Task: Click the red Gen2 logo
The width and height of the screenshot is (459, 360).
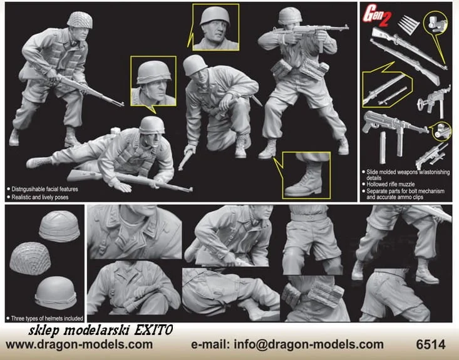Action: click(378, 16)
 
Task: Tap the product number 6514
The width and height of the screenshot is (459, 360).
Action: click(431, 344)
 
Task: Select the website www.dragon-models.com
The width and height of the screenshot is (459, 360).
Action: click(79, 344)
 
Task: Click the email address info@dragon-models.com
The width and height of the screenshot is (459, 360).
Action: click(309, 344)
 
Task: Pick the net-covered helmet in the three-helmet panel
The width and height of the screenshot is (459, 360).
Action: click(30, 258)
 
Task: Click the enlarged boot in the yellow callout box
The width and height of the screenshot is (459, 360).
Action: click(304, 180)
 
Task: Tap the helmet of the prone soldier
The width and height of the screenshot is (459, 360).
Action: click(152, 125)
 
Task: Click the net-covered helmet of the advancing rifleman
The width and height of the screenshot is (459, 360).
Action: click(80, 20)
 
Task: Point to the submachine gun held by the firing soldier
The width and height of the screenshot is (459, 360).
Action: click(311, 31)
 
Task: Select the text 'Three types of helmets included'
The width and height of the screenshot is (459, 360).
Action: click(47, 318)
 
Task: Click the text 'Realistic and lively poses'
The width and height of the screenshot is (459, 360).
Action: click(40, 197)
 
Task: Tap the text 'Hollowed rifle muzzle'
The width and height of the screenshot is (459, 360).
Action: click(391, 184)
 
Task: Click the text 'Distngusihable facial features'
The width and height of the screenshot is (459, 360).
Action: click(45, 189)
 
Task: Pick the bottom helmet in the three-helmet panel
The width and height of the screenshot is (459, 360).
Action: click(56, 293)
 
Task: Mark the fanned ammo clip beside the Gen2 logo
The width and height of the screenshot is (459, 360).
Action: click(409, 24)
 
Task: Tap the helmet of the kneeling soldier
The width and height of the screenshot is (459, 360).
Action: click(194, 64)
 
